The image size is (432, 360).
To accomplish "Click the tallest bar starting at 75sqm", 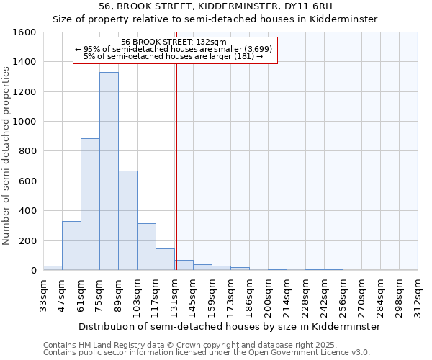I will (109, 171).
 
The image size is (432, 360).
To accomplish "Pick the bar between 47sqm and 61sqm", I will (71, 246).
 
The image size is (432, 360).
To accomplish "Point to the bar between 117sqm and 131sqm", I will (165, 259).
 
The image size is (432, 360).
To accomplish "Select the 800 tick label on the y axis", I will (27, 151).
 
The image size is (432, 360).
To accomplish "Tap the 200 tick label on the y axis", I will (27, 240).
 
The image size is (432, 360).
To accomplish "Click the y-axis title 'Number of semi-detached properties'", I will (7, 152).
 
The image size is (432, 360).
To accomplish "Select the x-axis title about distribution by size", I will (229, 326).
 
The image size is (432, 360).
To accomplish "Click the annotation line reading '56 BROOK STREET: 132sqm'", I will (174, 42).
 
